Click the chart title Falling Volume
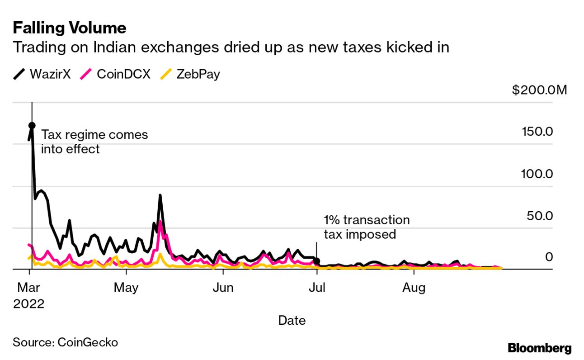[x=69, y=28]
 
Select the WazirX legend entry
[x=42, y=74]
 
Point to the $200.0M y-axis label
[x=539, y=90]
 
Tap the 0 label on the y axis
[x=549, y=257]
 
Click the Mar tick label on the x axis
[x=29, y=288]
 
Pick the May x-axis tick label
[x=126, y=288]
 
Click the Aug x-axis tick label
[x=414, y=288]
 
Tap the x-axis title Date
[x=292, y=321]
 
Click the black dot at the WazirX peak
[x=32, y=125]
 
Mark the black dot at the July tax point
[x=317, y=261]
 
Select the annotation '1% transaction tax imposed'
[x=366, y=227]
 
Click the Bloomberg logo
[x=539, y=348]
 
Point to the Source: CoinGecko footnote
[x=65, y=342]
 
